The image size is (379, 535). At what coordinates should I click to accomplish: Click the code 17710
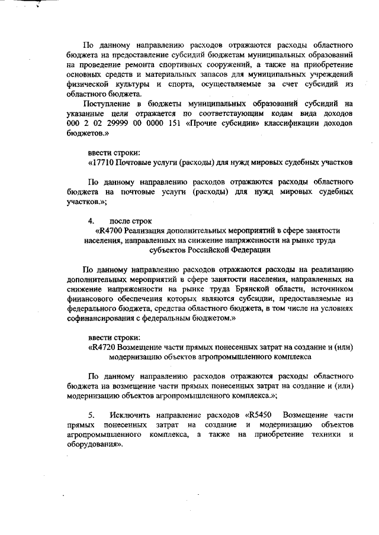pos(102,162)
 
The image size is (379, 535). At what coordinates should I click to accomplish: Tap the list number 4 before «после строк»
pos(91,221)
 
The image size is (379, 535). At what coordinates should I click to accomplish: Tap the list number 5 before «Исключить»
pos(91,415)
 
